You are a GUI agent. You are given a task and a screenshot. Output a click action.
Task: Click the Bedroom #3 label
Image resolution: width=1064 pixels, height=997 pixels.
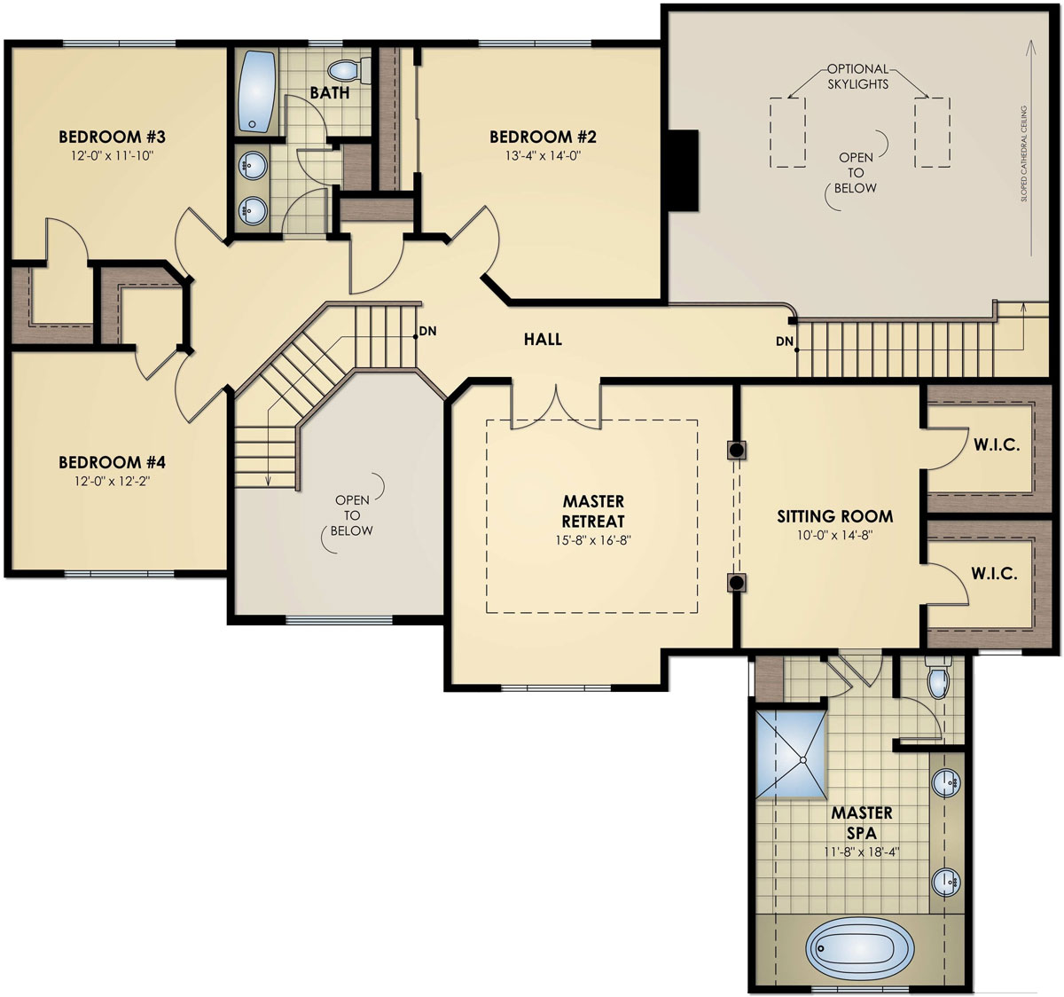pyautogui.click(x=112, y=137)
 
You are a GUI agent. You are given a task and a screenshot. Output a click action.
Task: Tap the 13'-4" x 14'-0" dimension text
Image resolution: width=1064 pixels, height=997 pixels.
pyautogui.click(x=542, y=156)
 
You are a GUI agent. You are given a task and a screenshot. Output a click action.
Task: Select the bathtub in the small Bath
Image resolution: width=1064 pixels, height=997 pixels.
pyautogui.click(x=256, y=91)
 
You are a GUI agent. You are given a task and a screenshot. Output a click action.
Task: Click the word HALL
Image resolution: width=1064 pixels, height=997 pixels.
pyautogui.click(x=543, y=339)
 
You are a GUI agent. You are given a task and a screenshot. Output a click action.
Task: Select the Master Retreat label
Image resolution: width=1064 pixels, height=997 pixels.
pyautogui.click(x=593, y=512)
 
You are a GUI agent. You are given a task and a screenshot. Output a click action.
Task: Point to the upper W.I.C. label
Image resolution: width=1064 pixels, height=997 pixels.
pyautogui.click(x=997, y=445)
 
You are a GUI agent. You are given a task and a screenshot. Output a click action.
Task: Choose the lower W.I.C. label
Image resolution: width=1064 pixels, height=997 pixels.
pyautogui.click(x=994, y=574)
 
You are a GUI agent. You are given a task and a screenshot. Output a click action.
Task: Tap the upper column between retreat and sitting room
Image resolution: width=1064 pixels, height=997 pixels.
pyautogui.click(x=736, y=450)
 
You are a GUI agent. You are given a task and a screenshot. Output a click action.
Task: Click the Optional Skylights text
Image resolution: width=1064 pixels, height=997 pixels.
pyautogui.click(x=857, y=75)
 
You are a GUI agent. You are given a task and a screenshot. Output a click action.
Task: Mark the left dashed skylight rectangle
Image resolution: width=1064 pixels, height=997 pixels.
pyautogui.click(x=787, y=132)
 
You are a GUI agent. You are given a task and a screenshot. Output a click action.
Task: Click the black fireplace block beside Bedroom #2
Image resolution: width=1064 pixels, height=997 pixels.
pyautogui.click(x=683, y=169)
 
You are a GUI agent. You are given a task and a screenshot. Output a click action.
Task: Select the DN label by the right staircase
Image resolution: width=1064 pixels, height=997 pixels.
pyautogui.click(x=784, y=341)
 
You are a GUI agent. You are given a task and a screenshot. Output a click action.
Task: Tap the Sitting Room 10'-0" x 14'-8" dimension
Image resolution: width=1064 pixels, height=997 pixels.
pyautogui.click(x=834, y=535)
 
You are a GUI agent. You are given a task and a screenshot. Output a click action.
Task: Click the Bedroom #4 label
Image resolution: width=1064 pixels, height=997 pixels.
pyautogui.click(x=112, y=462)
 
